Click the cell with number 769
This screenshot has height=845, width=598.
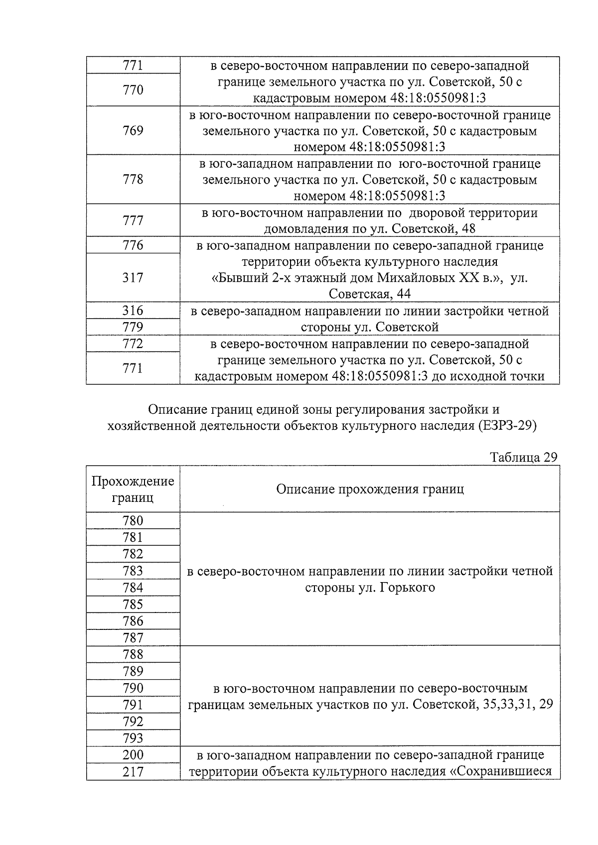(133, 130)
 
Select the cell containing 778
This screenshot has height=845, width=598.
(133, 179)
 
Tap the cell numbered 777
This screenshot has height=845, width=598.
(133, 220)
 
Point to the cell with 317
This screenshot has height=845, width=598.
(133, 277)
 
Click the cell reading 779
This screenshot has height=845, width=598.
(133, 327)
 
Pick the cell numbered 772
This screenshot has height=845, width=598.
(133, 344)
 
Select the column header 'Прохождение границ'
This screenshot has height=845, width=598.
(133, 489)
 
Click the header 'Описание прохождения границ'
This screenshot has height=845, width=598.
(370, 489)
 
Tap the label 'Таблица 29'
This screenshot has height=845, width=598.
(523, 457)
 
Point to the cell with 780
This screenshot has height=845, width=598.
(133, 521)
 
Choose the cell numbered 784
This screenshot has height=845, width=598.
(133, 588)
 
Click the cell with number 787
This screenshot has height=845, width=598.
(133, 638)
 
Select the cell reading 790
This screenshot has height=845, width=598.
(133, 688)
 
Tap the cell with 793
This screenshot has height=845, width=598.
(133, 738)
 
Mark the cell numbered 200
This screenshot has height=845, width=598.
(133, 755)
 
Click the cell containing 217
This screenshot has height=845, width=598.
(133, 772)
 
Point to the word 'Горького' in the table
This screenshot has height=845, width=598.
(407, 588)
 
